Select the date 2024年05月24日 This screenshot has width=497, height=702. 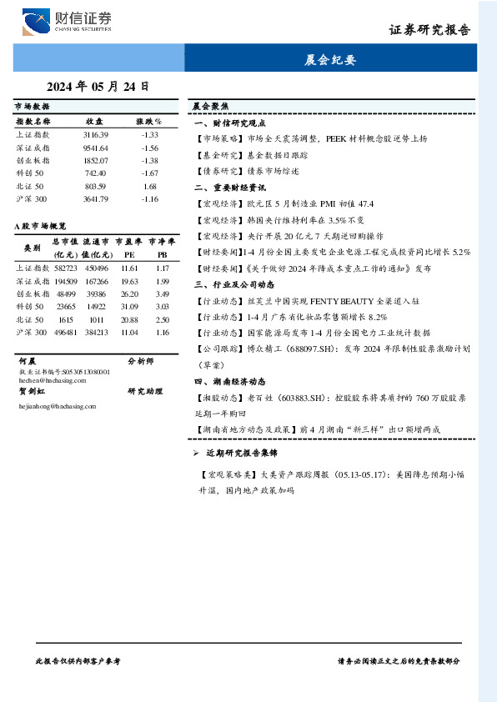98,86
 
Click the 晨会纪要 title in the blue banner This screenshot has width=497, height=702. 330,60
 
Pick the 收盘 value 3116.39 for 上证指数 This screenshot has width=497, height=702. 96,134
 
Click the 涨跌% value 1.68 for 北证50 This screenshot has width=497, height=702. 150,187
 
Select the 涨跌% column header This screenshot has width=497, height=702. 149,121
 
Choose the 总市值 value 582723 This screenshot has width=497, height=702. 65,268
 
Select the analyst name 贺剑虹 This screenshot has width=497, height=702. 32,390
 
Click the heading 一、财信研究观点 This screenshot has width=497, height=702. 229,123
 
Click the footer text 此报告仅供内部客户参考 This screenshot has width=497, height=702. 79,660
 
